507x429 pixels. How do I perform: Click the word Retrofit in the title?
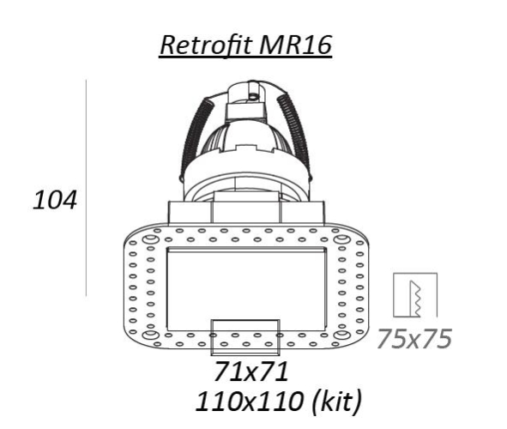click(x=206, y=45)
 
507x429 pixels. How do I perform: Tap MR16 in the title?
click(x=295, y=45)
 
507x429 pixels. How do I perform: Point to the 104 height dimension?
click(x=55, y=200)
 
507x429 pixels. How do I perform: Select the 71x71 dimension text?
click(x=250, y=372)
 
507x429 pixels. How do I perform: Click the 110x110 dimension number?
click(x=250, y=402)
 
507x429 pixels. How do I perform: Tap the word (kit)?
click(x=336, y=402)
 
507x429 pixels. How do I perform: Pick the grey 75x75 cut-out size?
click(x=414, y=338)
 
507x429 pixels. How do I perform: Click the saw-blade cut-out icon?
click(x=415, y=295)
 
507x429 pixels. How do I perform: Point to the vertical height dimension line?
click(x=86, y=188)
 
